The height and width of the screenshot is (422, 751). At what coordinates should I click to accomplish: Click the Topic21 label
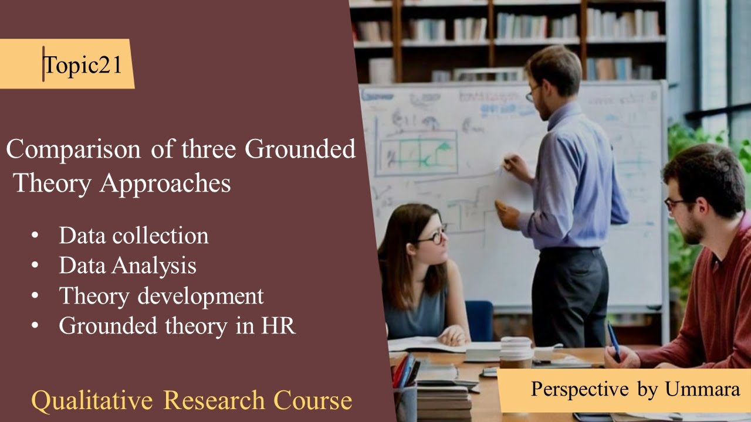pyautogui.click(x=83, y=65)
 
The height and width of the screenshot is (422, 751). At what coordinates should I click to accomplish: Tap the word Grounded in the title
pyautogui.click(x=300, y=149)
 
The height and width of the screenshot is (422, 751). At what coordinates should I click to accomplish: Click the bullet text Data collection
pyautogui.click(x=133, y=236)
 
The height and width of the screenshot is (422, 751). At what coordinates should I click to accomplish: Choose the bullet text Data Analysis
pyautogui.click(x=127, y=266)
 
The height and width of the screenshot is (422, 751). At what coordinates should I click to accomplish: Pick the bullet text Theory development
pyautogui.click(x=161, y=296)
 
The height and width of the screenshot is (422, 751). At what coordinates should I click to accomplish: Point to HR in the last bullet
pyautogui.click(x=278, y=326)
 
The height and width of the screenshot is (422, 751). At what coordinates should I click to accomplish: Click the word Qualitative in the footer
pyautogui.click(x=92, y=401)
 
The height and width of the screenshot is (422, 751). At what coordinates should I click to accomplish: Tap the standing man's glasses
pyautogui.click(x=533, y=93)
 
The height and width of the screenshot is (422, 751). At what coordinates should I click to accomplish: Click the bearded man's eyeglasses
pyautogui.click(x=675, y=203)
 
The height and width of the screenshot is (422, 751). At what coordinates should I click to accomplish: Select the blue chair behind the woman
pyautogui.click(x=479, y=320)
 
